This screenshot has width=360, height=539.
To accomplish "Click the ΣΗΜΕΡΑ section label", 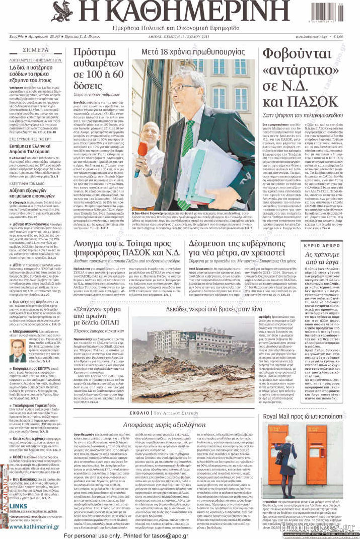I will click(x=36, y=50).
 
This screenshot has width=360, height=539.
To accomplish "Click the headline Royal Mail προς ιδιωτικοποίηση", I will click(x=310, y=417).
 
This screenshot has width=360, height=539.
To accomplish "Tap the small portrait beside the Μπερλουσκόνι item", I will click(x=17, y=351).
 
